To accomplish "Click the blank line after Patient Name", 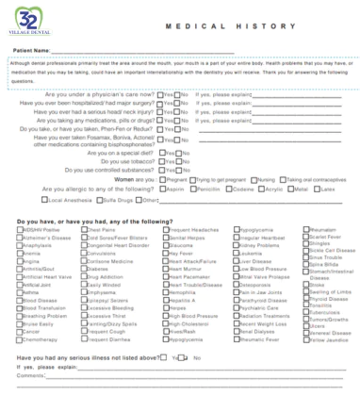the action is coord(188,50).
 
